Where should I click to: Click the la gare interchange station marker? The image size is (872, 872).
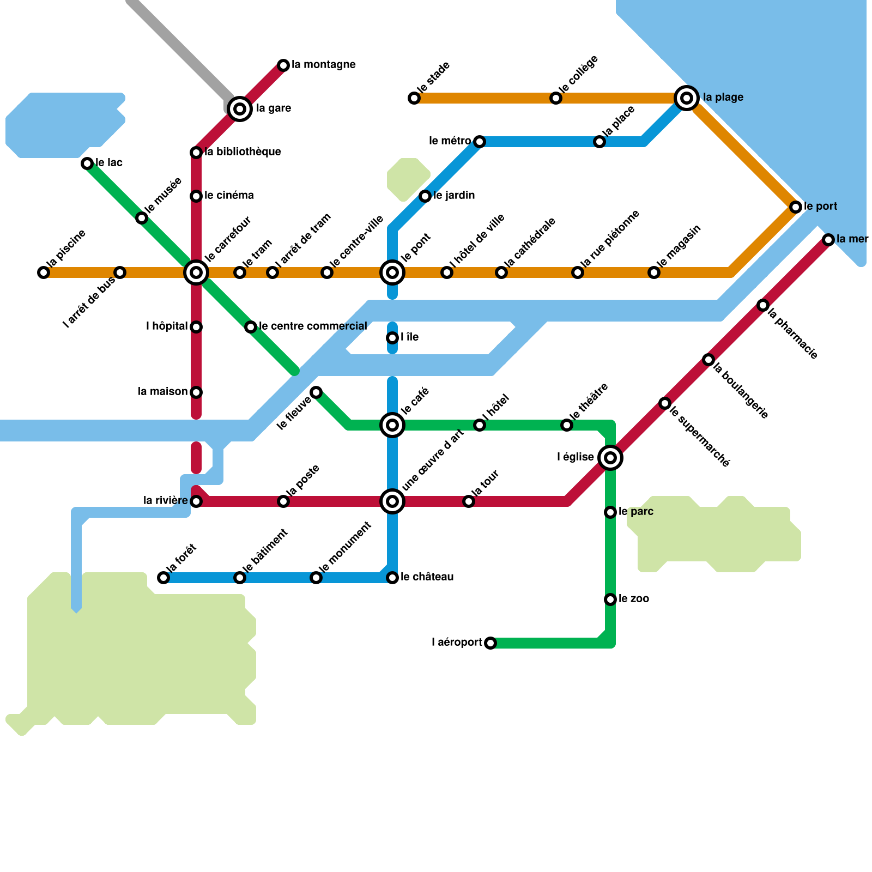point(240,109)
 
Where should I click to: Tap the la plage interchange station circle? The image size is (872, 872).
point(687,98)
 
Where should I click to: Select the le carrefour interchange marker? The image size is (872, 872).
point(196,272)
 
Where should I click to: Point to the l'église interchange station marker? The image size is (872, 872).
point(610,458)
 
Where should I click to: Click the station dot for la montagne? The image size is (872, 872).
point(283,65)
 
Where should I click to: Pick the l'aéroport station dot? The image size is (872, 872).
point(491,643)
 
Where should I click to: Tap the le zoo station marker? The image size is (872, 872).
point(610,599)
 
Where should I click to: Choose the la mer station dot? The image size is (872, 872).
point(828,240)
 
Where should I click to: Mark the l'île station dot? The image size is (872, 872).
point(392,338)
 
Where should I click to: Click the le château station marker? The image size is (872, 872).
point(392,578)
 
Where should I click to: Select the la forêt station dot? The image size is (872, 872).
point(163,578)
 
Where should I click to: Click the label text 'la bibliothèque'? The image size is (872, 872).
point(243,152)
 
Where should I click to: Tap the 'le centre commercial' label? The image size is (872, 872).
point(313,326)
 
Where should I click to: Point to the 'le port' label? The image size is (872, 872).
point(821,206)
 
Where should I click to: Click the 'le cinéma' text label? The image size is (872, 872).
point(229,195)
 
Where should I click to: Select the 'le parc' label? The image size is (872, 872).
point(636,511)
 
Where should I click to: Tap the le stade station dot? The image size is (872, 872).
point(414,98)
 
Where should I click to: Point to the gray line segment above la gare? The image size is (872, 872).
point(180,49)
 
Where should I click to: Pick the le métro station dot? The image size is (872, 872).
point(480,142)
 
